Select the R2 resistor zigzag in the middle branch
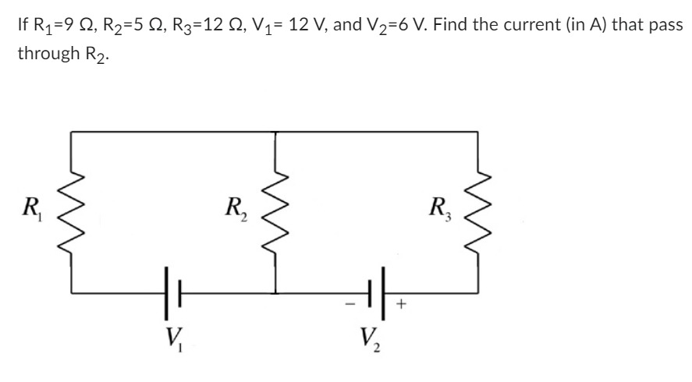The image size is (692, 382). pyautogui.click(x=275, y=211)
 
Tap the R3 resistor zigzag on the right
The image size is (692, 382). pyautogui.click(x=477, y=211)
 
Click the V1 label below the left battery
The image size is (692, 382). pyautogui.click(x=172, y=341)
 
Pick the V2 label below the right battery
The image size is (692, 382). pyautogui.click(x=371, y=341)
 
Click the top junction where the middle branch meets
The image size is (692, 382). pyautogui.click(x=275, y=132)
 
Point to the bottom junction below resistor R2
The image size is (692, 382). pyautogui.click(x=275, y=293)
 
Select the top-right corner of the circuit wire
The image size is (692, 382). pyautogui.click(x=477, y=132)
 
